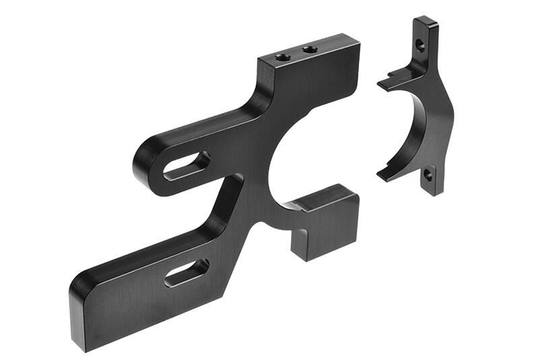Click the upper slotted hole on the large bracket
[x=186, y=165]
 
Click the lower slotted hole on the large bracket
[x=187, y=271]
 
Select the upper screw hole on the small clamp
[x=420, y=47]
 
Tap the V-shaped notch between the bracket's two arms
[x=232, y=181]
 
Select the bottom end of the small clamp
[x=433, y=191]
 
